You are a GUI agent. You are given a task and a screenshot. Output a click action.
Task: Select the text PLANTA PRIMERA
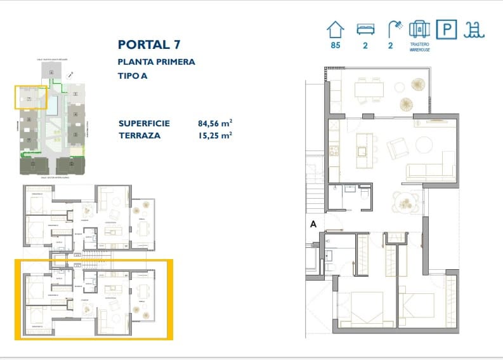[x=156, y=62]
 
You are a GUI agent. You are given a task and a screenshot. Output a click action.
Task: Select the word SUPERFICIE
[x=144, y=123]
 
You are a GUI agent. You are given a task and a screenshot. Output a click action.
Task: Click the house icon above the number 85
[x=336, y=29]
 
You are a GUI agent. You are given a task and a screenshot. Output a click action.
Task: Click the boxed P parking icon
[x=448, y=29]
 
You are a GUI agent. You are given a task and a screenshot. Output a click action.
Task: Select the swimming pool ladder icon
[x=473, y=29]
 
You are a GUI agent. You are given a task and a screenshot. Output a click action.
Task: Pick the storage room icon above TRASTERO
[x=419, y=29]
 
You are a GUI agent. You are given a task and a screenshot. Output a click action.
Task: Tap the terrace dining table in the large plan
[x=369, y=90]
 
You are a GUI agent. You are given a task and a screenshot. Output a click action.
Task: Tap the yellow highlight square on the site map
[x=31, y=98]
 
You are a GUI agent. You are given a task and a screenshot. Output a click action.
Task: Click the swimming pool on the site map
[x=53, y=105]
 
